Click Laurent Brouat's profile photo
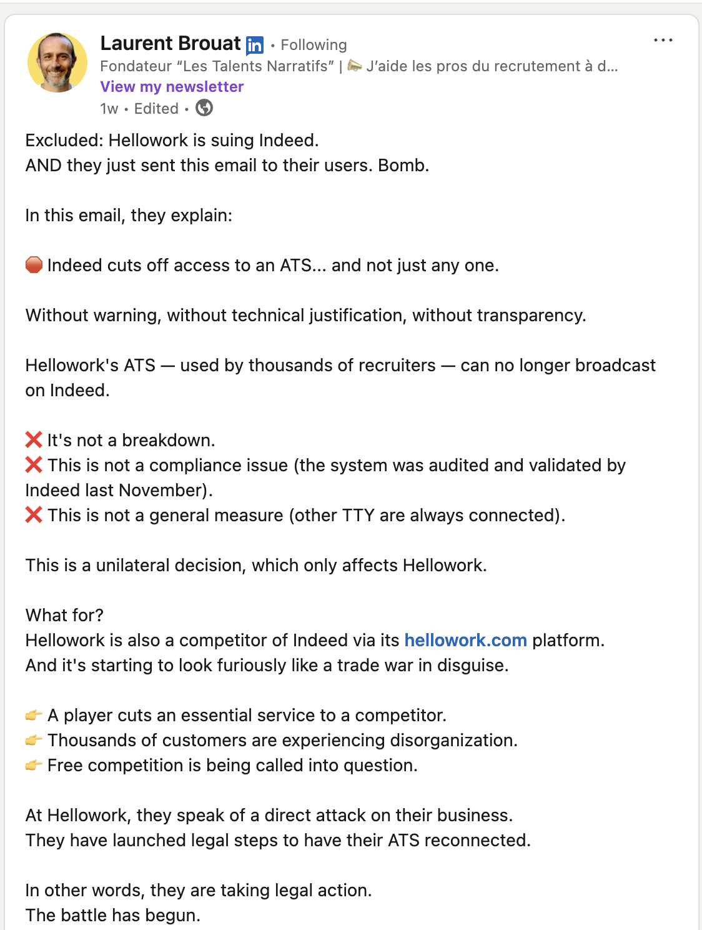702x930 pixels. [57, 62]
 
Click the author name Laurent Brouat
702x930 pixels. [171, 43]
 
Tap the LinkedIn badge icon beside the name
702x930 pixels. [255, 45]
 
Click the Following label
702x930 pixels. [314, 45]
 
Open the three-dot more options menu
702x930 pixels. [663, 40]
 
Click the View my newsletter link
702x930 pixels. [172, 87]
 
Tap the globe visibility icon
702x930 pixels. [204, 108]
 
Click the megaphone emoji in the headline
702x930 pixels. [355, 66]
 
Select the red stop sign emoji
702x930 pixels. [34, 265]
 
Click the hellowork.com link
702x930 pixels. [465, 640]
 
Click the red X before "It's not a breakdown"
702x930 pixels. [34, 440]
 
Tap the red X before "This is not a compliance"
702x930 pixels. [34, 465]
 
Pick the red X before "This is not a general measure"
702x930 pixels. [34, 515]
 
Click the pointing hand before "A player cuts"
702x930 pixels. [34, 715]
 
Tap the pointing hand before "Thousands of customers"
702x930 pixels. [34, 740]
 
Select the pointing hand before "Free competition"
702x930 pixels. [34, 765]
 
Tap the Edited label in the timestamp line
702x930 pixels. [156, 109]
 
